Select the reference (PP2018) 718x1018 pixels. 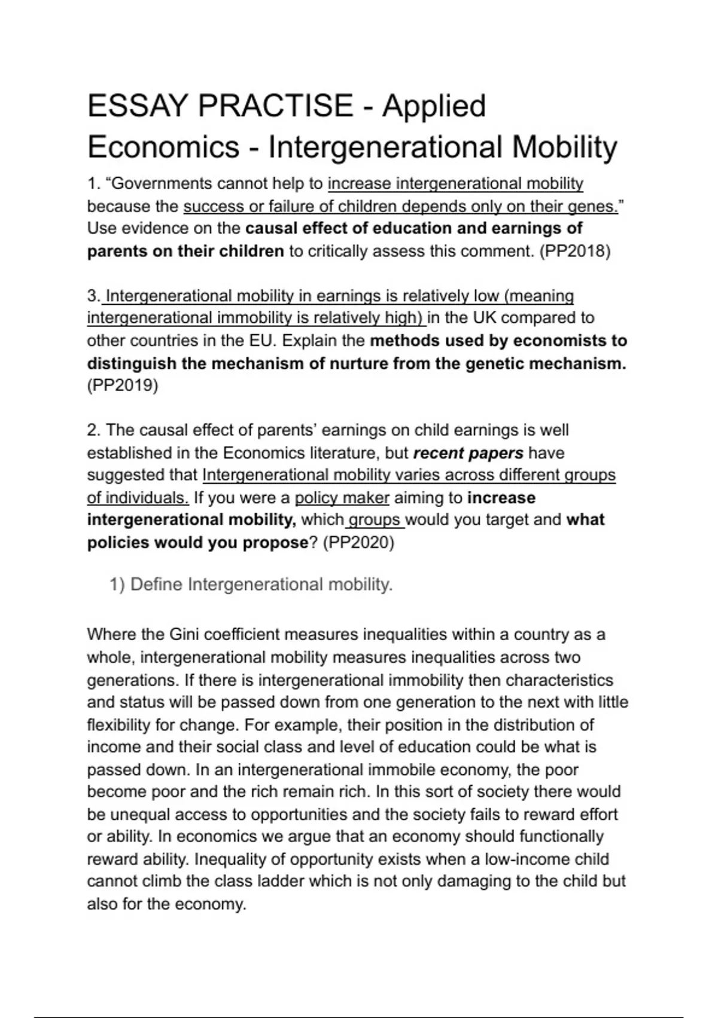click(x=574, y=251)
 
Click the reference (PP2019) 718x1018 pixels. click(x=123, y=386)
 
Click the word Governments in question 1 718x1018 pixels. click(x=158, y=183)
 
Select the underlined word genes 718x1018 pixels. click(x=592, y=206)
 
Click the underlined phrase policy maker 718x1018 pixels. click(x=342, y=498)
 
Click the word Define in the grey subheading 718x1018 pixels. click(x=156, y=584)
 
